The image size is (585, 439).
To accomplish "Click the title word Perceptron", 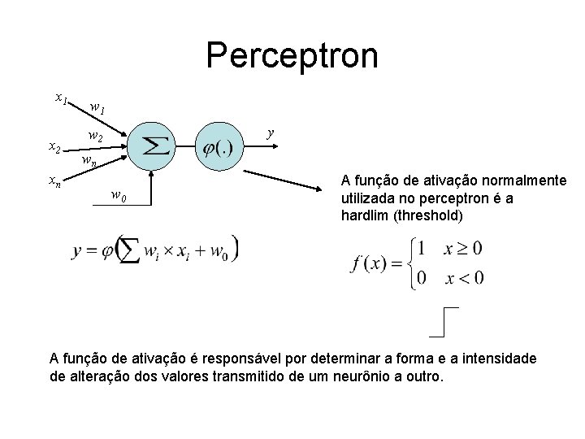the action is [x=292, y=56].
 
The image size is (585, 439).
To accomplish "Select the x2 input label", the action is [x=55, y=148].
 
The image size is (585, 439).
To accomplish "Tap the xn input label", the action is [x=53, y=180].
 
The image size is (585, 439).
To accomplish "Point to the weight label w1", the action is [x=97, y=107].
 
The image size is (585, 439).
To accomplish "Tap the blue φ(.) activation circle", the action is [x=218, y=147].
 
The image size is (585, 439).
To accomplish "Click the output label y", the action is [x=271, y=131].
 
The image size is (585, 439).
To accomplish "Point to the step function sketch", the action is [x=444, y=322].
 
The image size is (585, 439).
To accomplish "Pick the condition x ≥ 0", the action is [x=464, y=247].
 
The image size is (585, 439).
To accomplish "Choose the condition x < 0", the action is [x=464, y=278].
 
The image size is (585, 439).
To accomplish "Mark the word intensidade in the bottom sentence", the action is [x=496, y=359].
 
